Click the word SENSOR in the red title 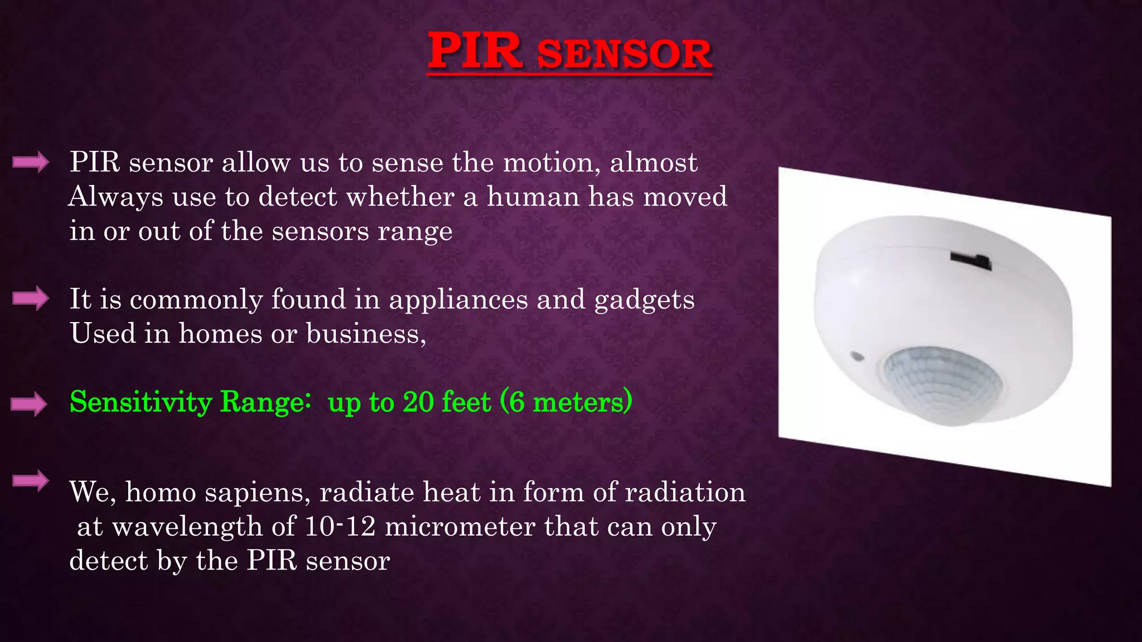[x=625, y=54]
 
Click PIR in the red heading [x=475, y=51]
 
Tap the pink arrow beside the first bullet [x=31, y=162]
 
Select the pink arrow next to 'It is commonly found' [x=31, y=298]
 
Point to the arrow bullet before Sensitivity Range [x=29, y=403]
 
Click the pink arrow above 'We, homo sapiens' [x=31, y=480]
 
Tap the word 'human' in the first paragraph [x=533, y=197]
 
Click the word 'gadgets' [x=644, y=300]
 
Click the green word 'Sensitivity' [x=141, y=402]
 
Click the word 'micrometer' [x=460, y=526]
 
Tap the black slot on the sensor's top [x=971, y=260]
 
